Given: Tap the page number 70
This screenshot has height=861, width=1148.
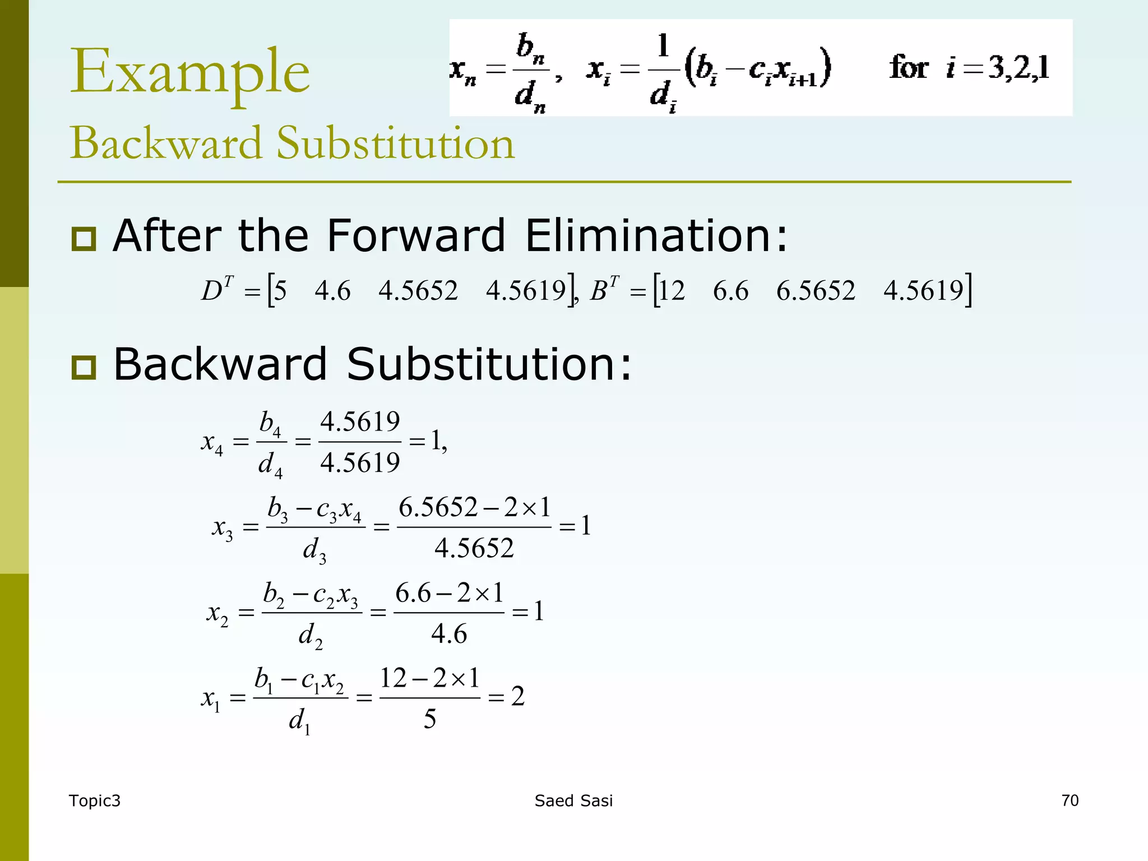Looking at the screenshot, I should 1070,800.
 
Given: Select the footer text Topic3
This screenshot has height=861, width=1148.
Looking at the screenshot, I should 94,801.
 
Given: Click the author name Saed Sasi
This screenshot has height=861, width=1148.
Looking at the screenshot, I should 573,801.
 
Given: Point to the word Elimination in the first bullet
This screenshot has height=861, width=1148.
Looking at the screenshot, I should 656,235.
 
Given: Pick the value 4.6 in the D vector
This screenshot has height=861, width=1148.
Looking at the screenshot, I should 332,291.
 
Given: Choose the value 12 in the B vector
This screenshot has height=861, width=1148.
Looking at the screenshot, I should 672,291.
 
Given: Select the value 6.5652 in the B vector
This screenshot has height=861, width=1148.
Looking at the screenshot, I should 816,291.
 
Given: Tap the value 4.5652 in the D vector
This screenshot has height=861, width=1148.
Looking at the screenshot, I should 418,291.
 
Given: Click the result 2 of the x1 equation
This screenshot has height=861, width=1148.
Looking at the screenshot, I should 518,696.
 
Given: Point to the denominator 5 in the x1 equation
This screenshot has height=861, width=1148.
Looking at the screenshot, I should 430,719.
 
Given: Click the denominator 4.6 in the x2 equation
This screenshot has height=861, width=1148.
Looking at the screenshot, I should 449,634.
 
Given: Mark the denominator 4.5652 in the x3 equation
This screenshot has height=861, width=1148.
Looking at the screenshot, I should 474,548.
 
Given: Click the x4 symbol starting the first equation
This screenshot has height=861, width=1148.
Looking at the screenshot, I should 212,443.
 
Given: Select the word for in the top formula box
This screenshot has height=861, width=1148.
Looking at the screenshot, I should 908,68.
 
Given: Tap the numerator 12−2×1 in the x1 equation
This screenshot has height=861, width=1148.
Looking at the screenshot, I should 430,678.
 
